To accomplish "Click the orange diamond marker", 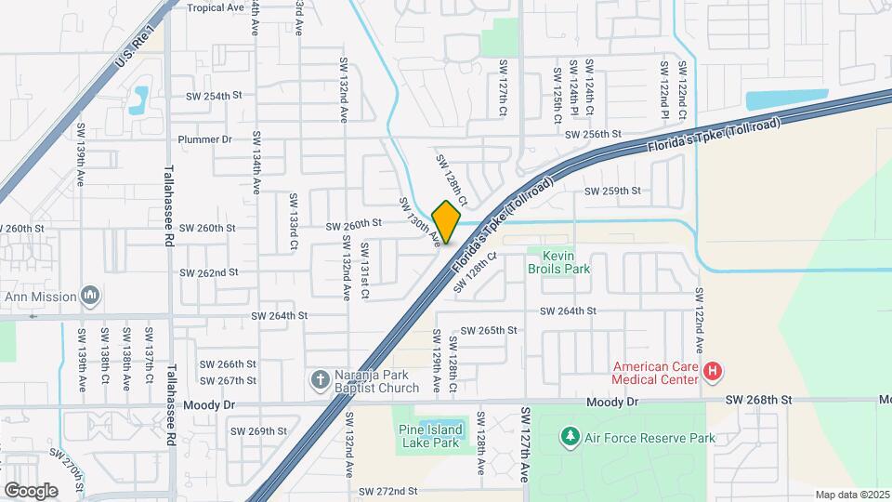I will tap(446, 222).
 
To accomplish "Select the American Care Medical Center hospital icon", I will tap(713, 373).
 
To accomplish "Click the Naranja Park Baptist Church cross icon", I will tap(320, 379).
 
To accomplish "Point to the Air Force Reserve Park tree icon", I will tap(570, 436).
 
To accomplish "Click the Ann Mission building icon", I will tap(90, 296).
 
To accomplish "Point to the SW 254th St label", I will tap(214, 96).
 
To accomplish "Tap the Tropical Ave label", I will tap(215, 7).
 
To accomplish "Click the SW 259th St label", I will tap(612, 192).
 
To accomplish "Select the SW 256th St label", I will tap(593, 135).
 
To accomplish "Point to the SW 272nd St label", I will tap(388, 490).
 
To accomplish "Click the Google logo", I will tap(31, 490).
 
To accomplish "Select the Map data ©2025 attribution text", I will tap(852, 495).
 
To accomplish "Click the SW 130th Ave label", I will tap(419, 222).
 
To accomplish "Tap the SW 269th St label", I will tap(259, 431).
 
